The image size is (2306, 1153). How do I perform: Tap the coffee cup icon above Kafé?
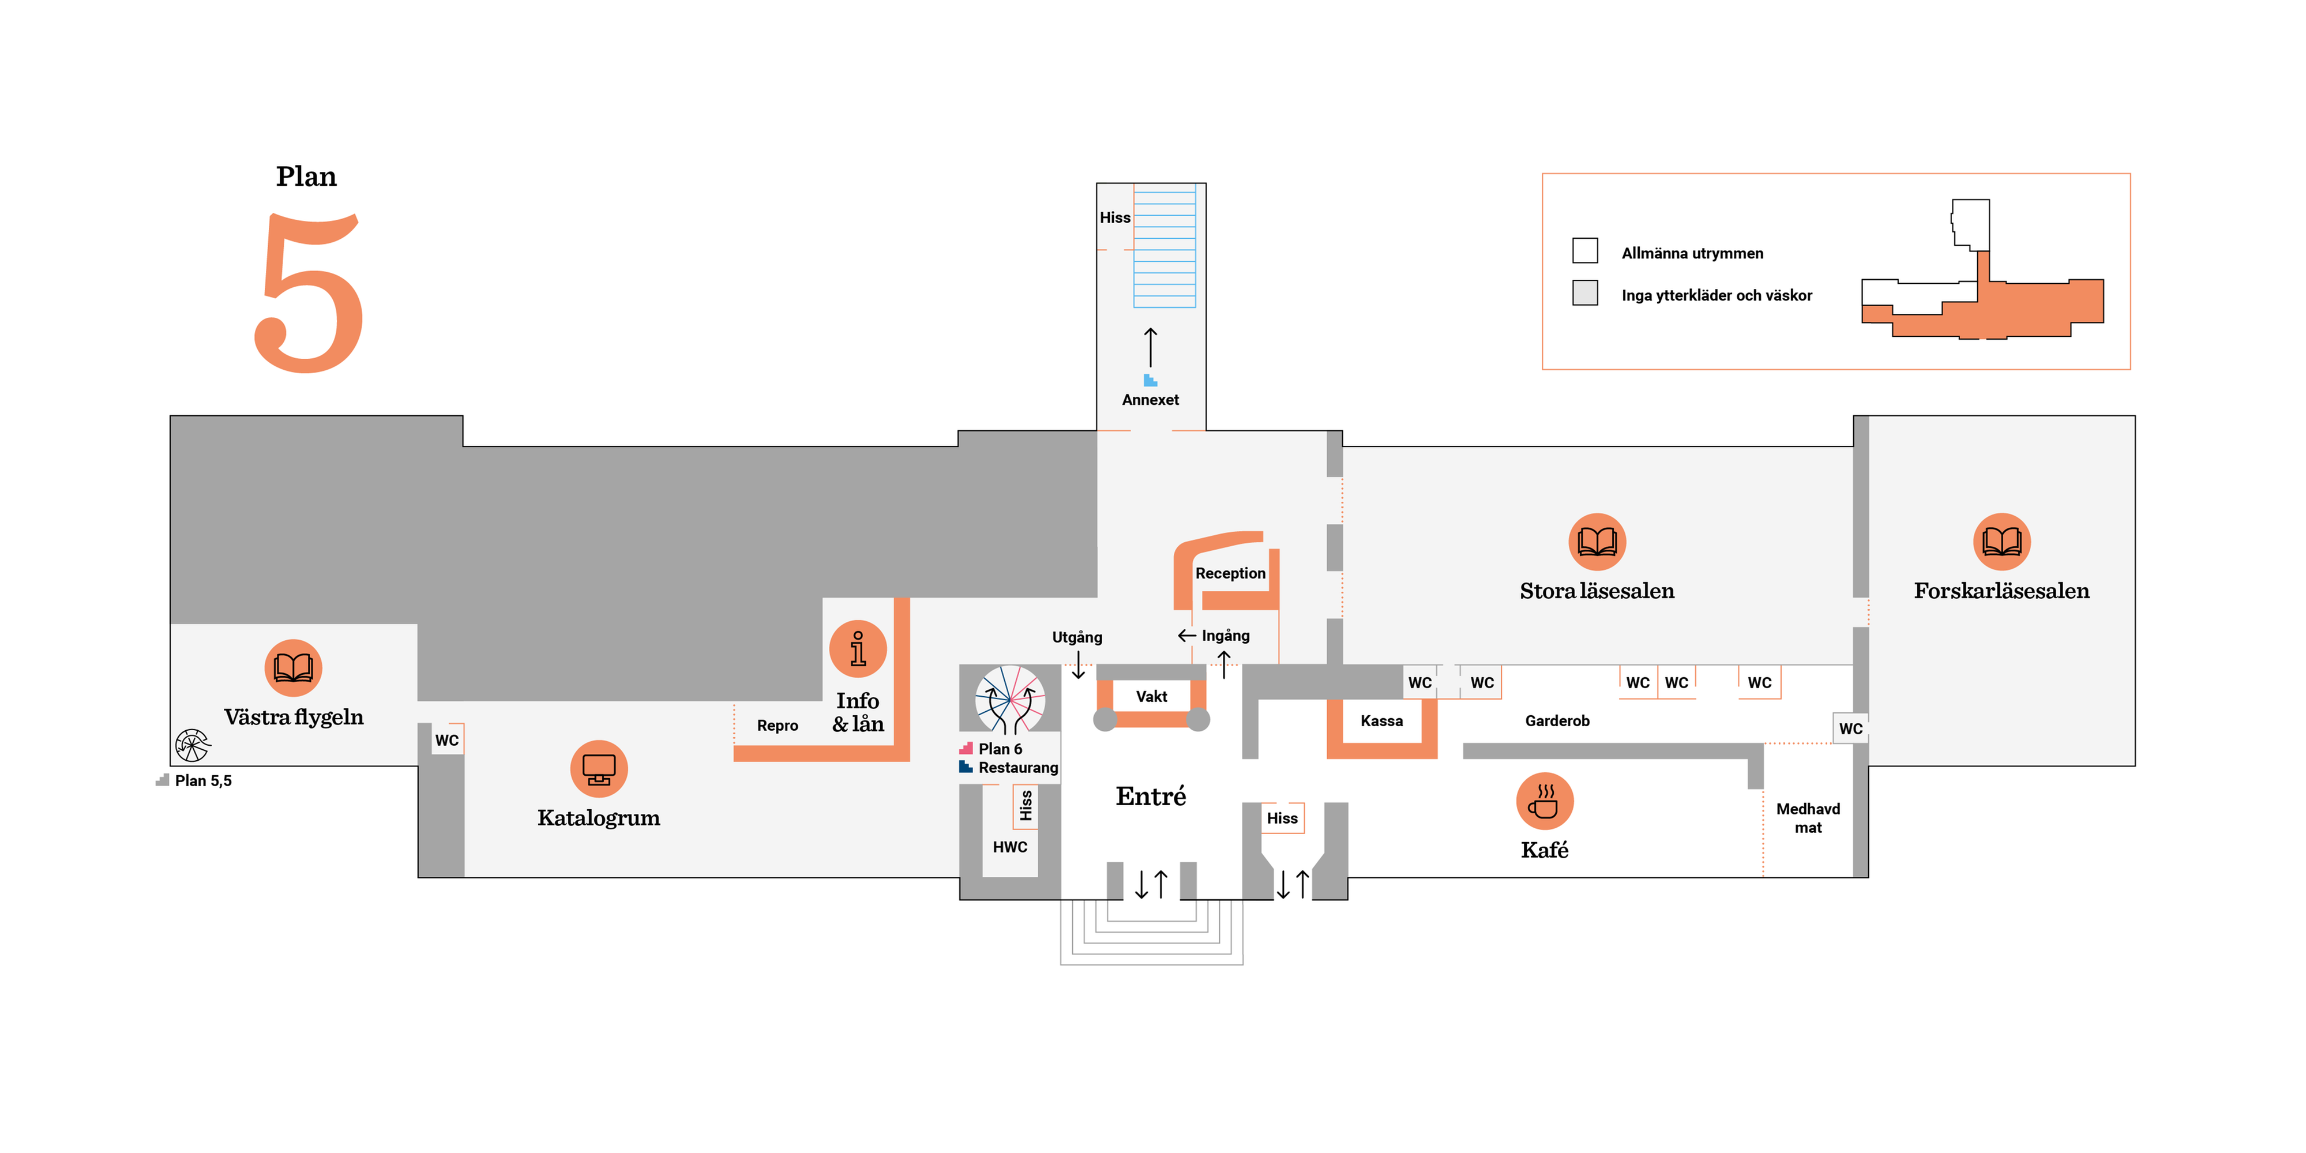pyautogui.click(x=1544, y=801)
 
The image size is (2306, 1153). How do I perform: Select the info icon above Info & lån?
pyautogui.click(x=858, y=649)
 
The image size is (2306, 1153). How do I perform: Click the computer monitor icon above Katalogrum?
pyautogui.click(x=599, y=768)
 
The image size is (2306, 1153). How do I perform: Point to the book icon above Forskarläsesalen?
pyautogui.click(x=2001, y=542)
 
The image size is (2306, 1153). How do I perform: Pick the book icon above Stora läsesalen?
pyautogui.click(x=1597, y=542)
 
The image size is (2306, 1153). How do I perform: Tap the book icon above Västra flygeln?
pyautogui.click(x=294, y=668)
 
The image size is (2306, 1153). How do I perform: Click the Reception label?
pyautogui.click(x=1230, y=573)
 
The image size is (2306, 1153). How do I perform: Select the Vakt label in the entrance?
pyautogui.click(x=1151, y=696)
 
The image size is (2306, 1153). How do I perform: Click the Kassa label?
pyautogui.click(x=1381, y=720)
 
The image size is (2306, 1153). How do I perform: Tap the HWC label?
pyautogui.click(x=1010, y=847)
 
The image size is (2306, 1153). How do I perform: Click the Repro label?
pyautogui.click(x=777, y=725)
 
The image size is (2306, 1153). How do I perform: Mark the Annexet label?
pyautogui.click(x=1150, y=400)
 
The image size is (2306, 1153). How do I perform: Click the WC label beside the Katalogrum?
pyautogui.click(x=446, y=741)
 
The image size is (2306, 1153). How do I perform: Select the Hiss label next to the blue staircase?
pyautogui.click(x=1114, y=217)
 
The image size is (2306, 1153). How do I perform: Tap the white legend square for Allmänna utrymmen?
pyautogui.click(x=1584, y=251)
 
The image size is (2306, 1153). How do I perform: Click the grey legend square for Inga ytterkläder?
pyautogui.click(x=1584, y=293)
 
